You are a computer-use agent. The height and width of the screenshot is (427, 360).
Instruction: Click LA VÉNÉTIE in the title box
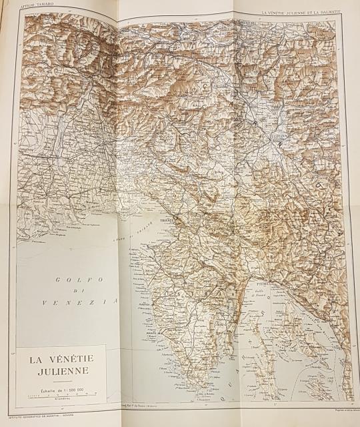[x=61, y=358]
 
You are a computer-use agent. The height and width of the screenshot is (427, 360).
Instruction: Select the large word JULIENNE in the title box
[x=61, y=371]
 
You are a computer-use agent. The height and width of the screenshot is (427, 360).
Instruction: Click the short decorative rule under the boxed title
[x=61, y=381]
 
